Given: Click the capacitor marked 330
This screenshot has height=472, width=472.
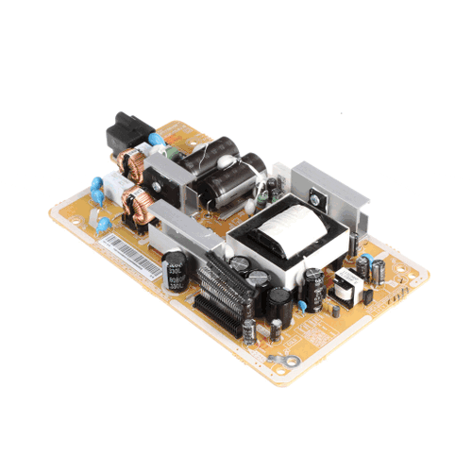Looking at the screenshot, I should click(x=176, y=270).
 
